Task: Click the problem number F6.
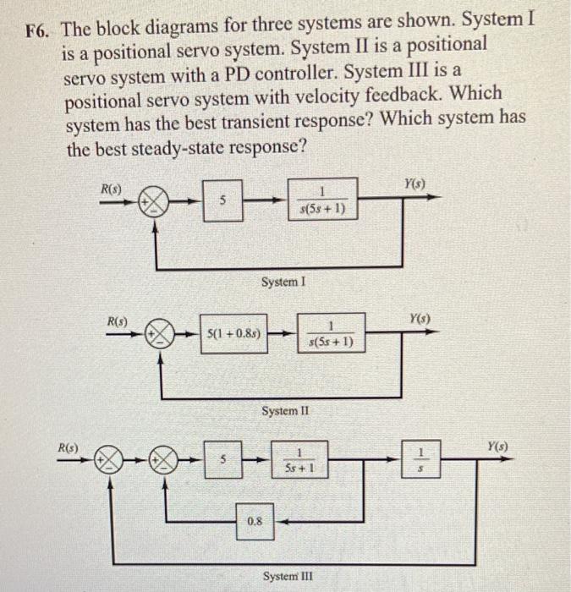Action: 38,31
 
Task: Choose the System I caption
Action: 283,280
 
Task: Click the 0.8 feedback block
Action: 255,523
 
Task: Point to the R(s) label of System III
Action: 67,441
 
